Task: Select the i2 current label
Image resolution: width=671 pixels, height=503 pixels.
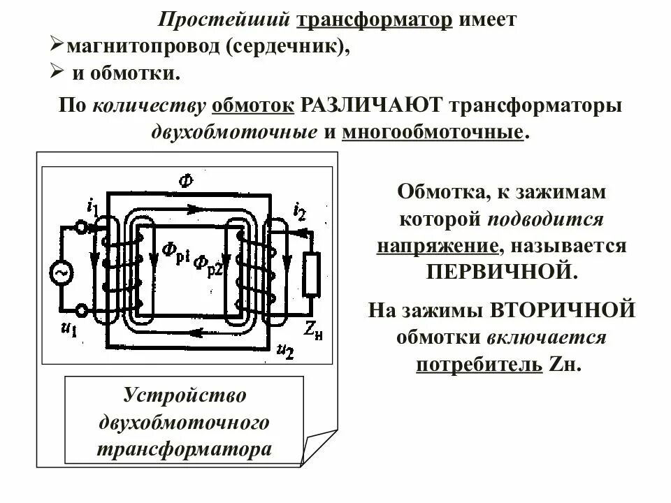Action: tap(299, 209)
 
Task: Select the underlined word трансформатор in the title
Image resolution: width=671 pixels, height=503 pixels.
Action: tap(375, 19)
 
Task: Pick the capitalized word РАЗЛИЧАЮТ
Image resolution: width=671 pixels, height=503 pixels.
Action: tap(372, 106)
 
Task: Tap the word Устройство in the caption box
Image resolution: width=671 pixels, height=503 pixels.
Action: tap(185, 395)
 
